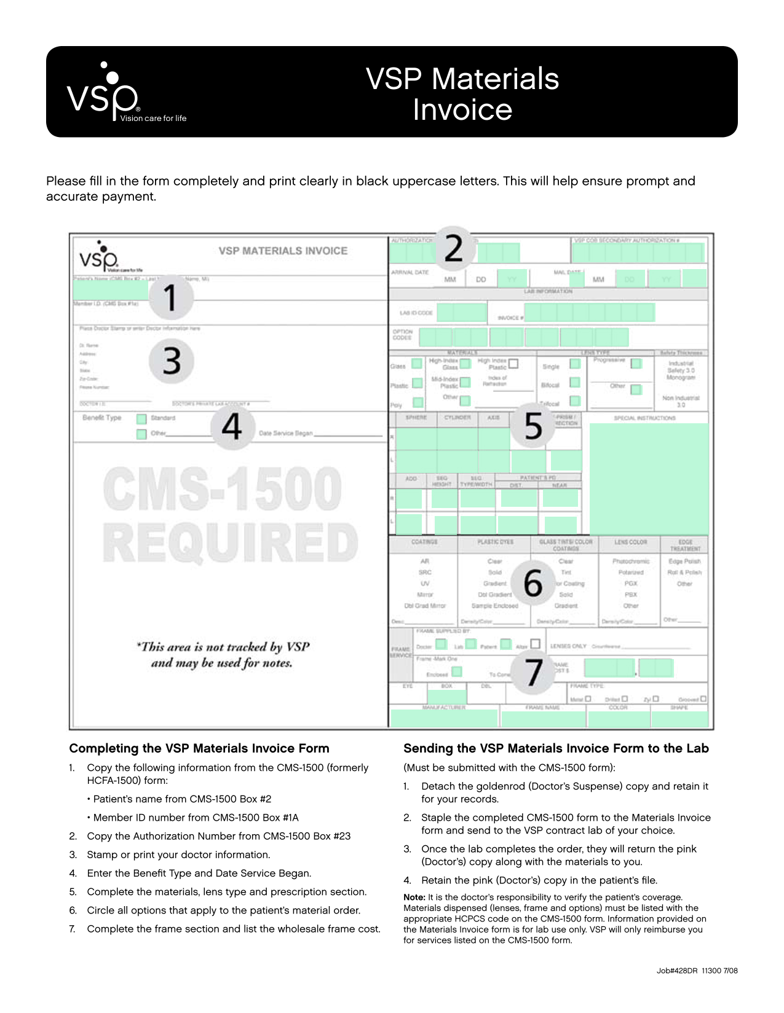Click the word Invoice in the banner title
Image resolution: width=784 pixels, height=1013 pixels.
(462, 110)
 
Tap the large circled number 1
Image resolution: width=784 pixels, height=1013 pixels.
(171, 297)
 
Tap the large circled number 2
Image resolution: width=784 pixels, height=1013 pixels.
(454, 248)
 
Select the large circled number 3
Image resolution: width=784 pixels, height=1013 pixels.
(172, 361)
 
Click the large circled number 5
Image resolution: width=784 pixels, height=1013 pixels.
(533, 426)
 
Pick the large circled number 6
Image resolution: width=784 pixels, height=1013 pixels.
(533, 582)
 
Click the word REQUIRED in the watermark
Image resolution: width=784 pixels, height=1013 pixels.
(229, 542)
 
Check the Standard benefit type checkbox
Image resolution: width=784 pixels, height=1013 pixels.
(141, 418)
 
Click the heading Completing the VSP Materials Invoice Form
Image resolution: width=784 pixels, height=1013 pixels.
(199, 748)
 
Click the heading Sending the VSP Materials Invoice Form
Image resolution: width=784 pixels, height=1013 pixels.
(556, 748)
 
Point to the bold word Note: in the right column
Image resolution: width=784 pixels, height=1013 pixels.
(414, 897)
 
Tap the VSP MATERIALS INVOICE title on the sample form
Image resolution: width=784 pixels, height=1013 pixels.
(283, 251)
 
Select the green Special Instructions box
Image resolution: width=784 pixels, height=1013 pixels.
(648, 479)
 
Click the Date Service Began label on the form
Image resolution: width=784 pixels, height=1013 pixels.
(286, 433)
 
